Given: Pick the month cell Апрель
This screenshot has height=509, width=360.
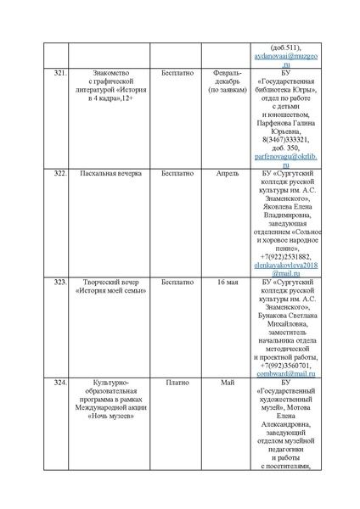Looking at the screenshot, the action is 228,172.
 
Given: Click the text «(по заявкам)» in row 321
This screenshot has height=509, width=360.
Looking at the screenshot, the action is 228,87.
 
